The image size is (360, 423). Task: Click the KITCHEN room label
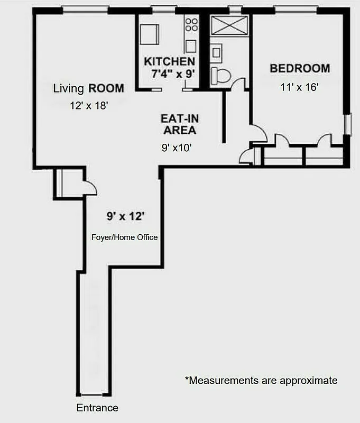[169, 61]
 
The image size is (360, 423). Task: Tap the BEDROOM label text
[299, 68]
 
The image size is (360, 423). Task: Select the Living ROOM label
[89, 88]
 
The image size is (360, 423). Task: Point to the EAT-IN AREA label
[180, 124]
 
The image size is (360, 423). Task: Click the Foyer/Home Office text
[125, 237]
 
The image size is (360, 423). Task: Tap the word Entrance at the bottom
[97, 408]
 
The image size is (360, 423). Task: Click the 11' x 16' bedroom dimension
[299, 87]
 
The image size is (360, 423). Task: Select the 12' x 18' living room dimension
[89, 106]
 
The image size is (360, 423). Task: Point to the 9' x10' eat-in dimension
[176, 149]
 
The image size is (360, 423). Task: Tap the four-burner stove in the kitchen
[191, 24]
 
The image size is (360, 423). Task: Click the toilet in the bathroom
[220, 76]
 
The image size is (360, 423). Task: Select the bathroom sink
[216, 52]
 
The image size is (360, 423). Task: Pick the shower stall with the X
[229, 25]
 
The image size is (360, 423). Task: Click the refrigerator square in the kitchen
[150, 35]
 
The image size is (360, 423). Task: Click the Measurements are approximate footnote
[261, 380]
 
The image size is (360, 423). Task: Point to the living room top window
[85, 10]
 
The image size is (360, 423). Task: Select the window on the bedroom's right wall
[347, 124]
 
